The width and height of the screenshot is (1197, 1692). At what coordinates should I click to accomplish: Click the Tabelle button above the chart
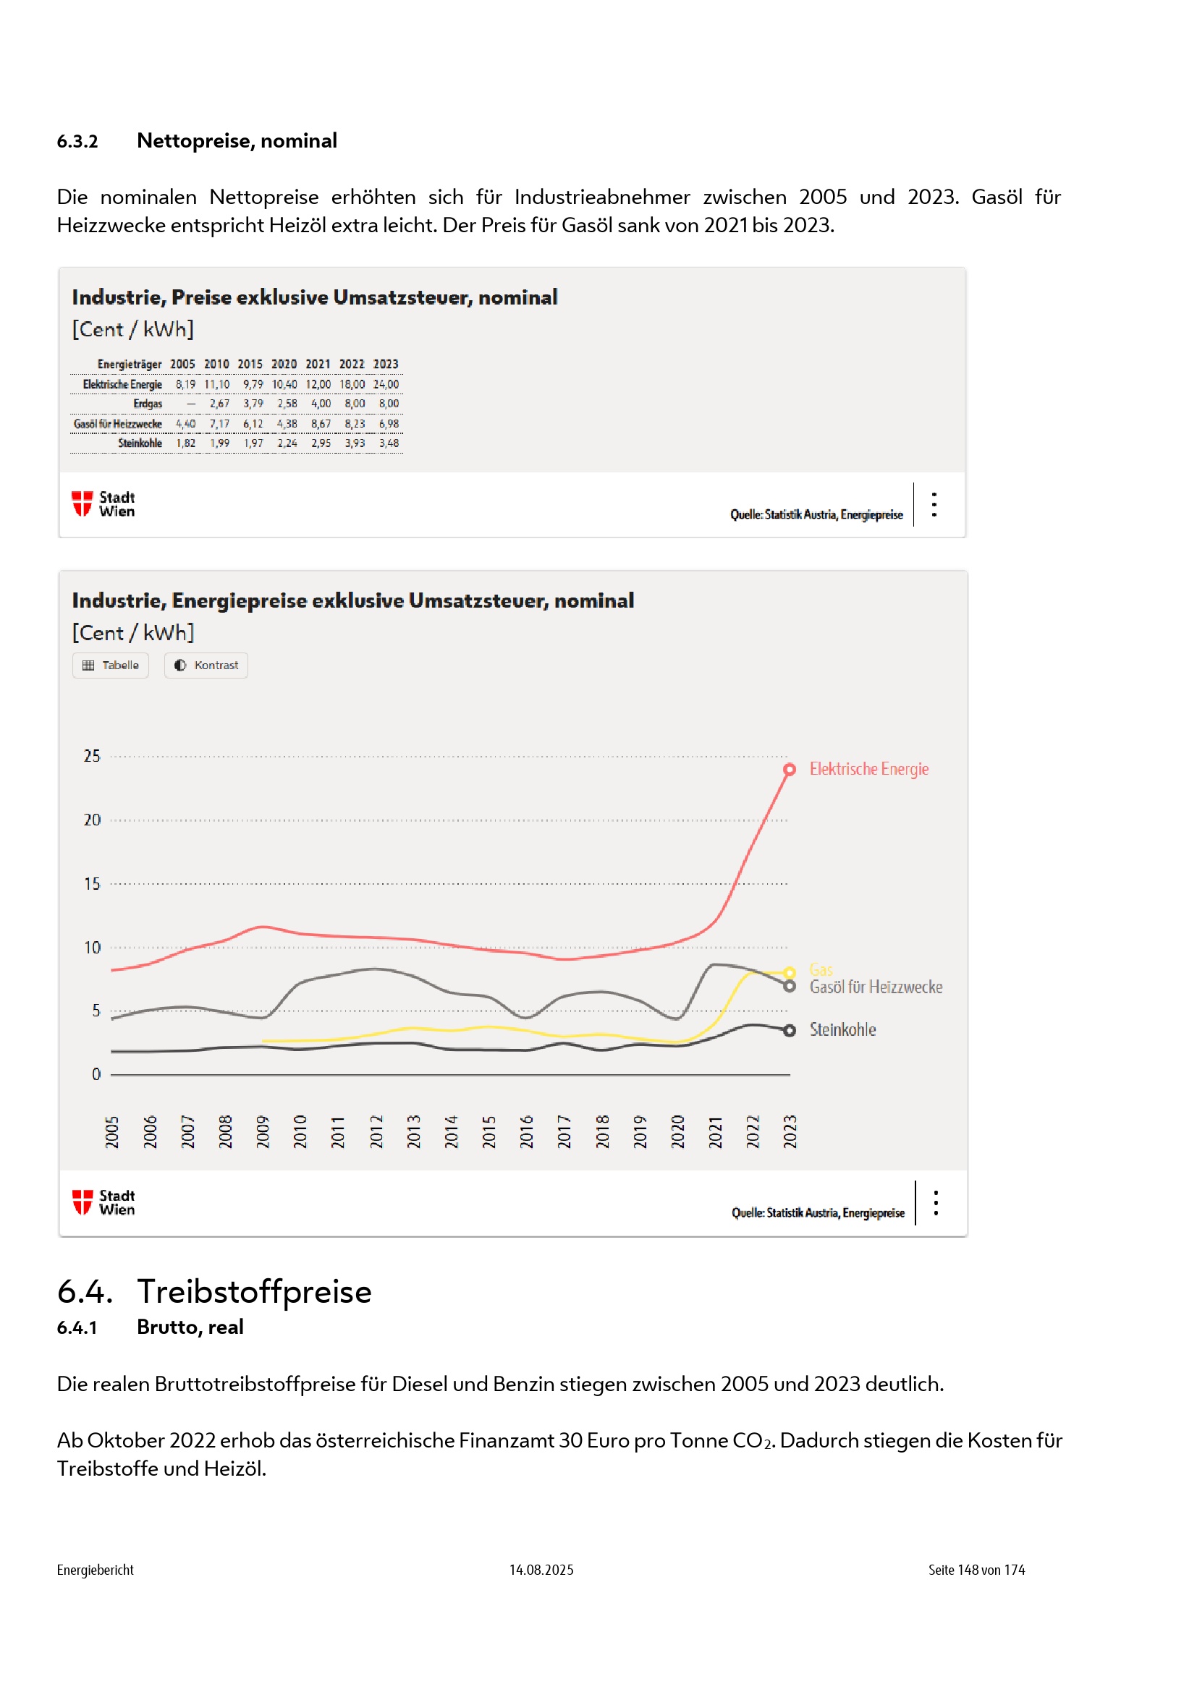pyautogui.click(x=111, y=666)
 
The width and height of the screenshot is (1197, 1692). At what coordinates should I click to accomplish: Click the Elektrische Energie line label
pyautogui.click(x=869, y=770)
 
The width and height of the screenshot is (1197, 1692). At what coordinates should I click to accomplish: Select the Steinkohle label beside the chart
pyautogui.click(x=842, y=1030)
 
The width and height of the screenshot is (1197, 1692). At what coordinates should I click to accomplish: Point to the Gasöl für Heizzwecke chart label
pyautogui.click(x=876, y=987)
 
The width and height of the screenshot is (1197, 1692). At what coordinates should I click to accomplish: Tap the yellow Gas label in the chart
pyautogui.click(x=821, y=970)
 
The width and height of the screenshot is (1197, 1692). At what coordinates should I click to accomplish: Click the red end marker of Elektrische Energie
pyautogui.click(x=790, y=770)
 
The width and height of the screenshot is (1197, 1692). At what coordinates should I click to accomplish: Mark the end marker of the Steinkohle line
pyautogui.click(x=790, y=1031)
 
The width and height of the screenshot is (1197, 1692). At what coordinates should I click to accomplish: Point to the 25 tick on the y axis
pyautogui.click(x=92, y=757)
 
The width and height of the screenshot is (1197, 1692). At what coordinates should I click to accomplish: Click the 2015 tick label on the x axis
pyautogui.click(x=488, y=1132)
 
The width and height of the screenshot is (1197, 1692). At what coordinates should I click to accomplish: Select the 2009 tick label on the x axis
pyautogui.click(x=263, y=1132)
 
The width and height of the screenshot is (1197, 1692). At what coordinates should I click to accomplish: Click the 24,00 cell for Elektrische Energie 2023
pyautogui.click(x=386, y=385)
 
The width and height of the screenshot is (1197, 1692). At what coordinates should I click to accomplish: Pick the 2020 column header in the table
pyautogui.click(x=284, y=365)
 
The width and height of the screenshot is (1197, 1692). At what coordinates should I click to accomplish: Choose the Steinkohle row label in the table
pyautogui.click(x=140, y=443)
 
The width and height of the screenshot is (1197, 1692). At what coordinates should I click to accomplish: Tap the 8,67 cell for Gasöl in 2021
pyautogui.click(x=321, y=425)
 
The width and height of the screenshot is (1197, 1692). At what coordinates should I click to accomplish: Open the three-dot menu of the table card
pyautogui.click(x=934, y=505)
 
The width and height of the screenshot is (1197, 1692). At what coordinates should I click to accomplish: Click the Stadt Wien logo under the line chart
pyautogui.click(x=103, y=1203)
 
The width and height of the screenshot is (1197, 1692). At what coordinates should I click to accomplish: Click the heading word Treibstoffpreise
pyautogui.click(x=254, y=1292)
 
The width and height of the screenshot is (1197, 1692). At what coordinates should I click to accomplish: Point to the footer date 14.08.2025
pyautogui.click(x=541, y=1570)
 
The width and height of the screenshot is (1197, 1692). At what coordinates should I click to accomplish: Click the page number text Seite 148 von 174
pyautogui.click(x=976, y=1570)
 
